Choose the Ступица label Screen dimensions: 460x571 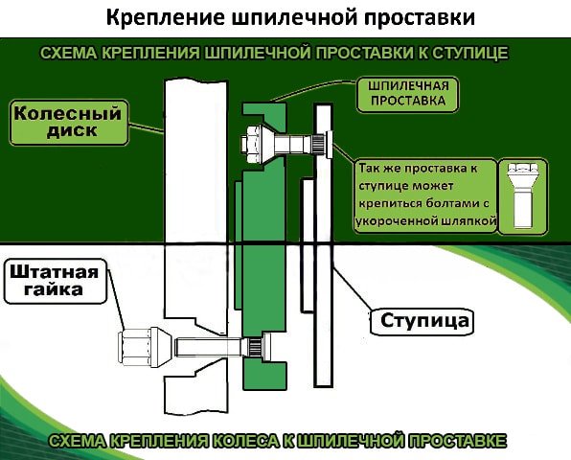tap(423, 319)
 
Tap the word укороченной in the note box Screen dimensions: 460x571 tap(396, 221)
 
